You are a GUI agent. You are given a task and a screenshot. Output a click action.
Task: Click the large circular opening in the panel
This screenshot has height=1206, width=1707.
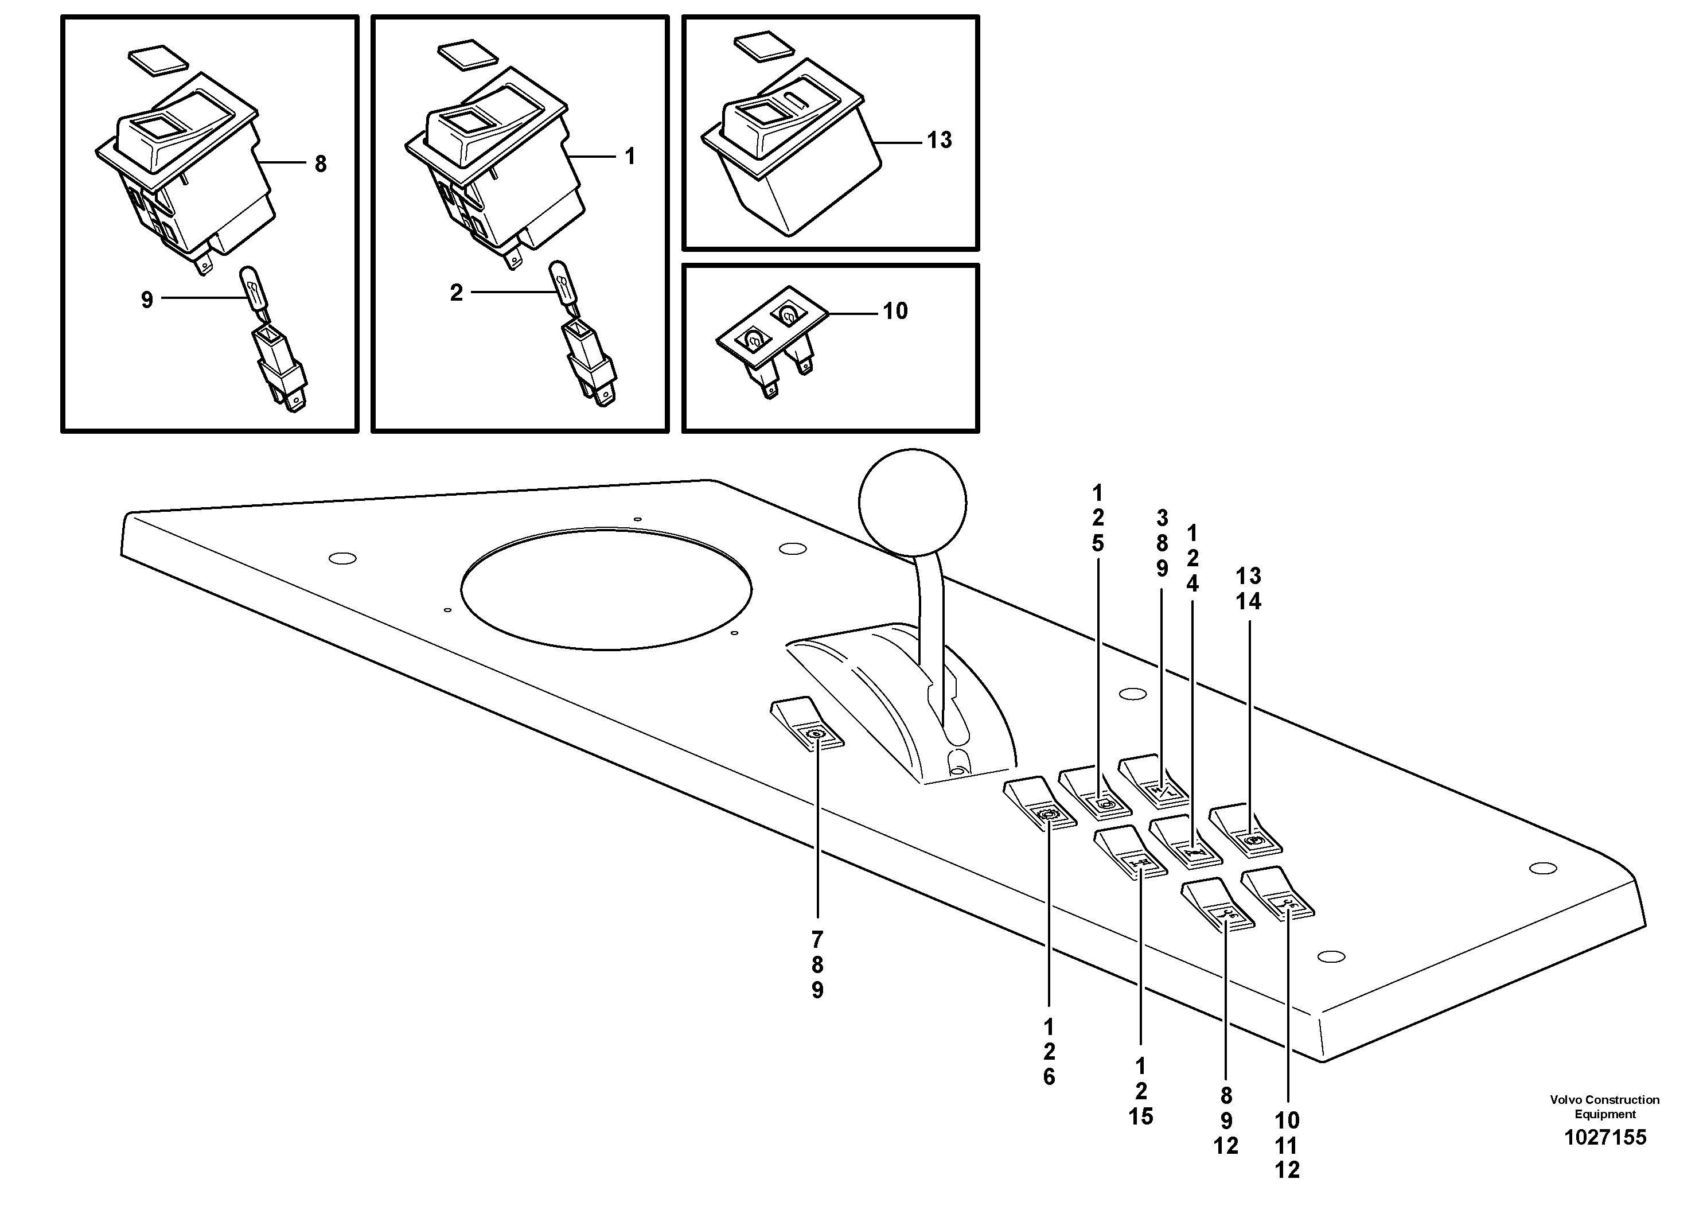[x=606, y=589]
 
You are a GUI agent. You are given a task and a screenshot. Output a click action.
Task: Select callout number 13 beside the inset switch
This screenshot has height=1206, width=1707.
[x=939, y=140]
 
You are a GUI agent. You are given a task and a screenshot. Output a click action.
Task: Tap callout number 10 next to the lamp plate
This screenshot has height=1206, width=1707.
[x=895, y=311]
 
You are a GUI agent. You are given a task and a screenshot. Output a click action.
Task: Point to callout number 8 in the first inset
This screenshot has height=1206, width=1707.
[x=321, y=164]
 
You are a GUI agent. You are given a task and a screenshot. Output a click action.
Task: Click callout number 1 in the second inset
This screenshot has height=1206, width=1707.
[x=630, y=156]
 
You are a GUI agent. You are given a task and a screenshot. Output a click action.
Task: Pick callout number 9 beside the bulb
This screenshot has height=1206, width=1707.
[x=147, y=299]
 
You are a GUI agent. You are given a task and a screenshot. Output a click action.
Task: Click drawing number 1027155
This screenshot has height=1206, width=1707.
[x=1605, y=1138]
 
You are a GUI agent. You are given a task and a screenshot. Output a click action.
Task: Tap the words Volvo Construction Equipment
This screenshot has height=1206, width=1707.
[x=1604, y=1106]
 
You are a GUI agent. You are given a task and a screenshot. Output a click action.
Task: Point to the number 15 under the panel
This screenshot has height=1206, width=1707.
[x=1140, y=1116]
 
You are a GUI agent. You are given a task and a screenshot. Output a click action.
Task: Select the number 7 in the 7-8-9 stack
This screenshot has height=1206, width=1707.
[x=817, y=940]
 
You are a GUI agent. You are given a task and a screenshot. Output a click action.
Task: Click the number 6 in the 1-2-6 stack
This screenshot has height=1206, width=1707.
[x=1049, y=1077]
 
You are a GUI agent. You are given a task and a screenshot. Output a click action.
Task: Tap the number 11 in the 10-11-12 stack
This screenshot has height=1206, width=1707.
[x=1287, y=1145]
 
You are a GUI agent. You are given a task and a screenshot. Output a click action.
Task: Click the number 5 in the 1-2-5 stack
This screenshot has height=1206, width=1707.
[x=1097, y=543]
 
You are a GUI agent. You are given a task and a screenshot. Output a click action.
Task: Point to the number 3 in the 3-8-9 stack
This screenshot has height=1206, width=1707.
[x=1162, y=518]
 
